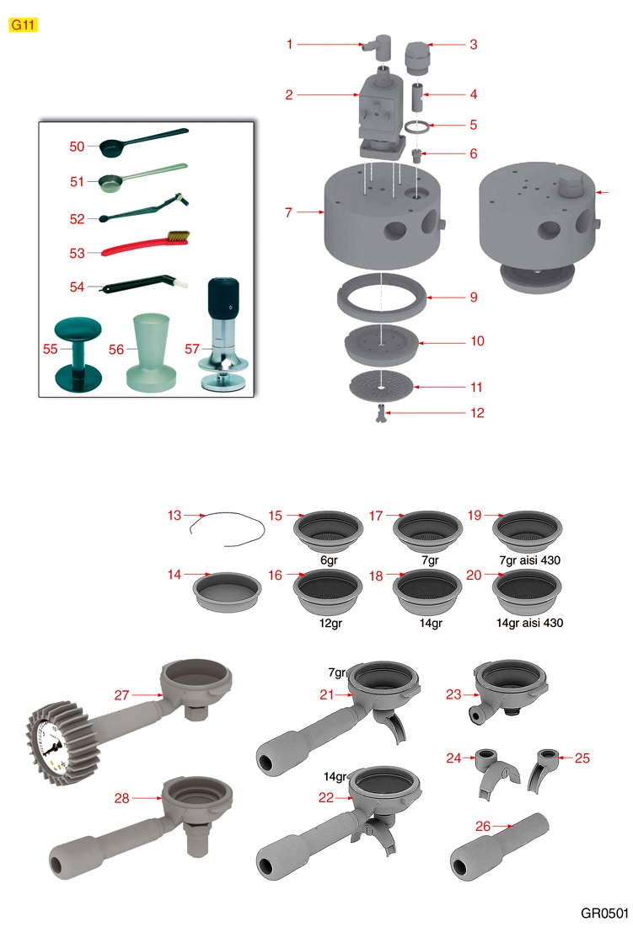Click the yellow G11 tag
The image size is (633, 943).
23,24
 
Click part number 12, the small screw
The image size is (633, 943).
379,414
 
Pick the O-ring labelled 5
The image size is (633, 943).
417,126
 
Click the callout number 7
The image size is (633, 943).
289,212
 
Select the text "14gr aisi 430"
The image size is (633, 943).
529,623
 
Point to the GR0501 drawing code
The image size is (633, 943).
604,914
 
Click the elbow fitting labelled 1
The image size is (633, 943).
377,46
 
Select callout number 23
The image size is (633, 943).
453,694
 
